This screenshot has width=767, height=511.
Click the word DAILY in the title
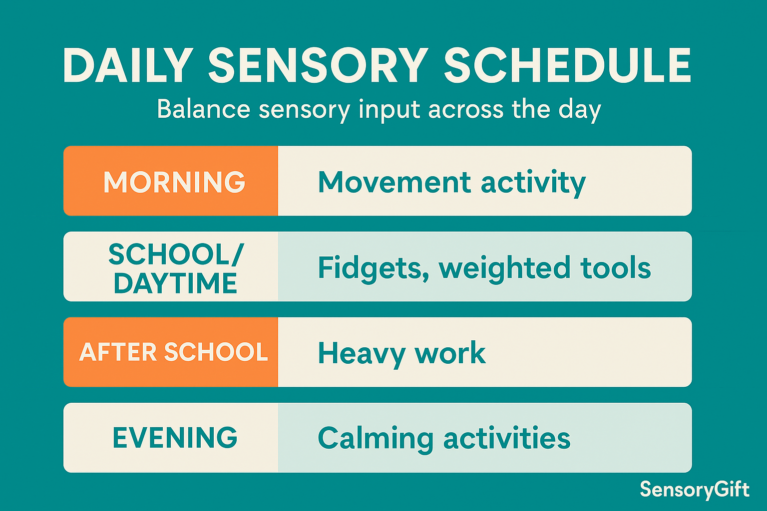coord(128,65)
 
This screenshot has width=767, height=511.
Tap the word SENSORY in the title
coord(318,65)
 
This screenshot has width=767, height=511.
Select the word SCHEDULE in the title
coord(567,65)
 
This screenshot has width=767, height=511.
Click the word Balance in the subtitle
coord(204,109)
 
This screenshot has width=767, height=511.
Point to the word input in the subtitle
coord(389,110)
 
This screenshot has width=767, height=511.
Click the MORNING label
coord(174,182)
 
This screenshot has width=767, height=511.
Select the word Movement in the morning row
coord(394,182)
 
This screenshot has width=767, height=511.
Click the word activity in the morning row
coord(533,184)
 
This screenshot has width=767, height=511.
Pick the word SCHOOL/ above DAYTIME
coord(176,255)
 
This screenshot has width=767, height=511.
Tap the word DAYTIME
coord(175,283)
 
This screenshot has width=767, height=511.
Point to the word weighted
coord(504,269)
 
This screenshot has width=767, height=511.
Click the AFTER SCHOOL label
coord(173,352)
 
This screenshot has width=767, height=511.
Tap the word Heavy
coord(362,355)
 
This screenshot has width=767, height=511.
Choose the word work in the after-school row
coord(450,352)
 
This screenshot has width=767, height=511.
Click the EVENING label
coord(175,438)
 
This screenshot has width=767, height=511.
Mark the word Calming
coord(376,440)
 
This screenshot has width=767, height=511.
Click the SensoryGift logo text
coord(695,490)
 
